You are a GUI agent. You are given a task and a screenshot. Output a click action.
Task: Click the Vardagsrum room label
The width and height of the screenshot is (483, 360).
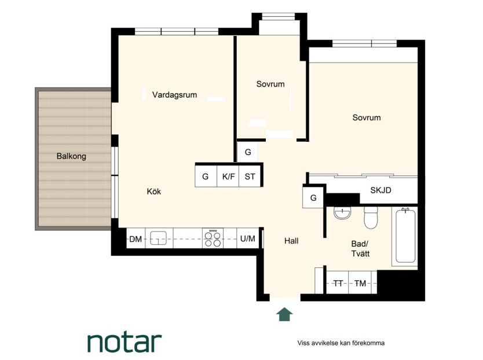tap(174, 95)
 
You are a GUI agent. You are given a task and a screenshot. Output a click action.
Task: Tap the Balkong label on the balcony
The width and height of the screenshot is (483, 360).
tap(71, 156)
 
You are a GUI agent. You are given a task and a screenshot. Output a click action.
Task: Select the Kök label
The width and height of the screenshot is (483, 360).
tap(153, 192)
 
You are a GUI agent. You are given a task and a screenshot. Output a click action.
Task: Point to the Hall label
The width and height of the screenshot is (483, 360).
tap(291, 241)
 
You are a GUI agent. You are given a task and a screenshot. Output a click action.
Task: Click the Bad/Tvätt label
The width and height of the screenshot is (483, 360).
tap(360, 249)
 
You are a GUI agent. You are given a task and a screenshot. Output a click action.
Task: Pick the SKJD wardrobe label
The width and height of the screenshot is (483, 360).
tap(380, 190)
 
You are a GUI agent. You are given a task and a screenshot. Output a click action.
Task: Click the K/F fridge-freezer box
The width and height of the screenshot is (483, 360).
tap(228, 176)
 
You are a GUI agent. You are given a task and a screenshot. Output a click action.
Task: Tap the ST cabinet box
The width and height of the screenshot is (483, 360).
tap(250, 176)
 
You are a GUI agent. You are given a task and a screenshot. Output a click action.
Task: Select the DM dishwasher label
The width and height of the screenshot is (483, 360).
tap(136, 239)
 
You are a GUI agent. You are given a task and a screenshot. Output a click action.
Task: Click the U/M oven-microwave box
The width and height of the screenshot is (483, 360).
tap(248, 238)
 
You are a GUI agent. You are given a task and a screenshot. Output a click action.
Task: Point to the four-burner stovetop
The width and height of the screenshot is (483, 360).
tap(213, 238)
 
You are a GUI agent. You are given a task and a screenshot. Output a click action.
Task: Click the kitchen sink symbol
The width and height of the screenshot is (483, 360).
tap(158, 238)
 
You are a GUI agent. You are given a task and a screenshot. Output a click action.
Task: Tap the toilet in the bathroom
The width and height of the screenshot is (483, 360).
tap(371, 218)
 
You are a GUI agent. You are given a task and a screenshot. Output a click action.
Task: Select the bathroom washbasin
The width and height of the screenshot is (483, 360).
tap(342, 213)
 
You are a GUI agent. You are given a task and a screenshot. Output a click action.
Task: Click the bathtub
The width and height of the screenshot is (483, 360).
tap(405, 236)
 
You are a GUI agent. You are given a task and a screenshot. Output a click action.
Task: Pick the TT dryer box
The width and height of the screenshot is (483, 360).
tap(337, 282)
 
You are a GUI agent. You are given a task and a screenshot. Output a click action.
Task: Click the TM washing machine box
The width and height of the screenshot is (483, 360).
tap(360, 282)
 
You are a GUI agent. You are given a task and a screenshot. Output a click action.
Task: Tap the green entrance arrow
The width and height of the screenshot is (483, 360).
tap(284, 314)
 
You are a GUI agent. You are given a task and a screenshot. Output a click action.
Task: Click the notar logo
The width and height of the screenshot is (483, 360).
tap(125, 342)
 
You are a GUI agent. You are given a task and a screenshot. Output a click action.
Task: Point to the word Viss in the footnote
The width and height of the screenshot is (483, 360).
tap(303, 343)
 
